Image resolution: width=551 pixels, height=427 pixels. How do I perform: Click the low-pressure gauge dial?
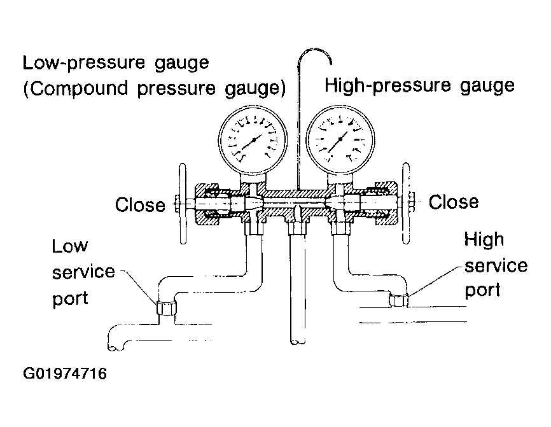pyautogui.click(x=253, y=139)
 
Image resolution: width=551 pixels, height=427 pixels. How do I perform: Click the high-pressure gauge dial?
pyautogui.click(x=340, y=139)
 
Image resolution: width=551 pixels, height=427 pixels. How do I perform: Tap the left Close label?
pyautogui.click(x=140, y=204)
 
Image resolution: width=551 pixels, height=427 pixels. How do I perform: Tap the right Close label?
pyautogui.click(x=453, y=202)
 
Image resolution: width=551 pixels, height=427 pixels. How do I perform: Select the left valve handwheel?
pyautogui.click(x=183, y=204)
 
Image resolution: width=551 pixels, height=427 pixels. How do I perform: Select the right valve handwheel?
pyautogui.click(x=406, y=203)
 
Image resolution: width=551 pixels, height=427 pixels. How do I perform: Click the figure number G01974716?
pyautogui.click(x=65, y=374)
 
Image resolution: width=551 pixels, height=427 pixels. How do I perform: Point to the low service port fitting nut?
pyautogui.click(x=166, y=308)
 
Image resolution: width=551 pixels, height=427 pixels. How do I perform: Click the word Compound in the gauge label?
pyautogui.click(x=78, y=88)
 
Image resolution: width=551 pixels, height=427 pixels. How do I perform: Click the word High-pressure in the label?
pyautogui.click(x=387, y=85)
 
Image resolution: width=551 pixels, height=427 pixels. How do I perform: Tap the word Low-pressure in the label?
pyautogui.click(x=83, y=63)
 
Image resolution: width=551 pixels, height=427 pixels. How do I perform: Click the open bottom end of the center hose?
pyautogui.click(x=298, y=341)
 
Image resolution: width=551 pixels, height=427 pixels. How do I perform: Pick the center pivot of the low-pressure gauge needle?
pyautogui.click(x=254, y=139)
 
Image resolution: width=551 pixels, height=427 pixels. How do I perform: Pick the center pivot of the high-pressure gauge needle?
pyautogui.click(x=340, y=139)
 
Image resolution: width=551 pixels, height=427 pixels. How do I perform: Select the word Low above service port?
pyautogui.click(x=69, y=246)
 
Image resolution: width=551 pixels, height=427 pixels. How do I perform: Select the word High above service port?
pyautogui.click(x=484, y=240)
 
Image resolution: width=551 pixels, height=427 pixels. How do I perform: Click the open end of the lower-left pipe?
pyautogui.click(x=116, y=347)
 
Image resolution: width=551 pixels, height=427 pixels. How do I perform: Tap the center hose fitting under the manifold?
pyautogui.click(x=297, y=228)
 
